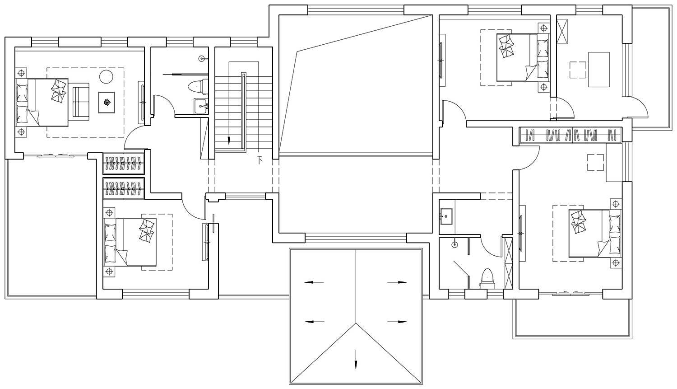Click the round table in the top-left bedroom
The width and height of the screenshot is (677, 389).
pyautogui.click(x=106, y=77)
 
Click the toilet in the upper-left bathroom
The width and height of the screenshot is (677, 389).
pyautogui.click(x=197, y=86)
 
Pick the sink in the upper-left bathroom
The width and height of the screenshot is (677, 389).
pyautogui.click(x=200, y=106)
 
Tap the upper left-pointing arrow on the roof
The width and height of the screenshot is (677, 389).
pyautogui.click(x=314, y=282)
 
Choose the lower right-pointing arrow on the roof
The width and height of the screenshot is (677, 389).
pyautogui.click(x=397, y=322)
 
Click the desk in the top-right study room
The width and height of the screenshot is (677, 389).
pyautogui.click(x=599, y=69)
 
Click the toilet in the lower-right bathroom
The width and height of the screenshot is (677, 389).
pyautogui.click(x=486, y=278)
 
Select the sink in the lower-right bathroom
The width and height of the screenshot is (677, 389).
pyautogui.click(x=446, y=216)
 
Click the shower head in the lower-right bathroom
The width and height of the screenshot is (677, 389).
pyautogui.click(x=454, y=244)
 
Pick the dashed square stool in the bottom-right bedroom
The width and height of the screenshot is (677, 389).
pyautogui.click(x=595, y=162)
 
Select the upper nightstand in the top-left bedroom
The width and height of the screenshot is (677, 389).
pyautogui.click(x=21, y=73)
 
